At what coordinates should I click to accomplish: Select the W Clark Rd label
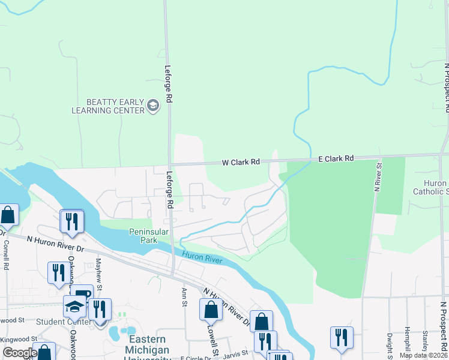pos(241,162)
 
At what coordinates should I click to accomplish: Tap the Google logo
pos(19,353)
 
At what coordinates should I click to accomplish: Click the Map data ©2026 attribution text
pos(423,355)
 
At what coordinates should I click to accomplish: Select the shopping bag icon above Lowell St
pos(211,310)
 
